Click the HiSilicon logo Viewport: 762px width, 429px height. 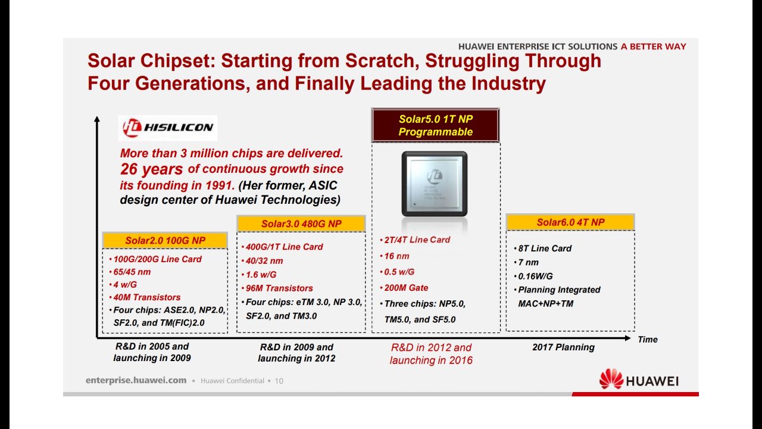point(168,128)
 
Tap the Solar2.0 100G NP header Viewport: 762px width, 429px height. point(165,240)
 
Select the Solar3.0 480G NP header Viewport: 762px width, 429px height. point(301,223)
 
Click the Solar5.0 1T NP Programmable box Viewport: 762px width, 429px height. point(435,125)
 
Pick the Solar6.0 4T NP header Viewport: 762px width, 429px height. point(570,222)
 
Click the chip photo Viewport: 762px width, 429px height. point(435,184)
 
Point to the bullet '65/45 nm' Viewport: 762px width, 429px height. point(130,272)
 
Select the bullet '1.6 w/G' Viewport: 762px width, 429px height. point(259,275)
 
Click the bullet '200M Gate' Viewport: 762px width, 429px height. point(404,288)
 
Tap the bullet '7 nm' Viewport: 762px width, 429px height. point(526,262)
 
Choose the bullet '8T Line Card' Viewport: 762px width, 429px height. point(542,248)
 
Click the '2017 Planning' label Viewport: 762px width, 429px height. point(563,347)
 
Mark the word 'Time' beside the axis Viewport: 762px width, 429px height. point(648,340)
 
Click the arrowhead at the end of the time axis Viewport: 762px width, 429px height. point(628,338)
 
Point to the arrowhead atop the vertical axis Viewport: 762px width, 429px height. point(97,119)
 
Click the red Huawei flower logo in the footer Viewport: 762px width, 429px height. point(611,379)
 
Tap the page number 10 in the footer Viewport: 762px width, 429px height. point(279,381)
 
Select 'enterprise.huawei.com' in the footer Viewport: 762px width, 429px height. point(136,380)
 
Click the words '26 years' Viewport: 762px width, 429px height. point(151,169)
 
